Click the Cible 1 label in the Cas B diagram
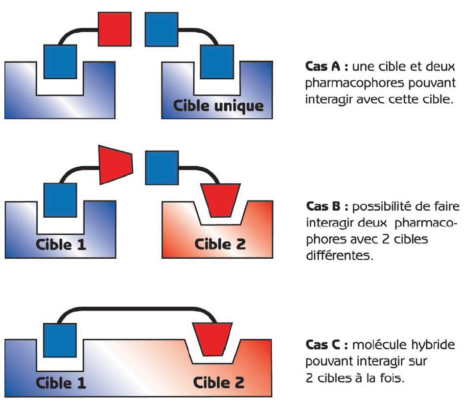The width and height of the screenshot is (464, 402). [x=61, y=244]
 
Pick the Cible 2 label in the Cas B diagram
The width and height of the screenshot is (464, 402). [x=220, y=244]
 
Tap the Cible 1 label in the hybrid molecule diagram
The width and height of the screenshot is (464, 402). [x=61, y=382]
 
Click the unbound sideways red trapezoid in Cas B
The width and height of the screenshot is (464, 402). [x=116, y=164]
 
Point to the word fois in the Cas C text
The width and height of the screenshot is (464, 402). [x=394, y=378]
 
